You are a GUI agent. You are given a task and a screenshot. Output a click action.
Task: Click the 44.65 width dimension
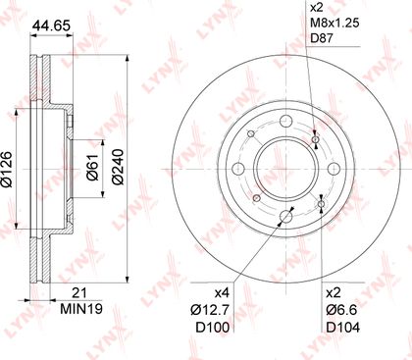point(51,26)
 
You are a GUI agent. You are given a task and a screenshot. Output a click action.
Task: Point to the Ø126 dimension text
point(7,169)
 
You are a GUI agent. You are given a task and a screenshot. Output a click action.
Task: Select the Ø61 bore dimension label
point(92,167)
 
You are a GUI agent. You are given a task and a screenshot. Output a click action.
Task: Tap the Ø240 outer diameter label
point(118,167)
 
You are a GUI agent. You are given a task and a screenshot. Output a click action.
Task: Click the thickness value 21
point(79,293)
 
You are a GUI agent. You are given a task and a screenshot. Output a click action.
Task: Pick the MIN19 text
point(81,308)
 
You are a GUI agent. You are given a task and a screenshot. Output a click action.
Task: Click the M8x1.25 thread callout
point(335,23)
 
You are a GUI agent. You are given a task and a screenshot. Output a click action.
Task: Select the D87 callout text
point(322,38)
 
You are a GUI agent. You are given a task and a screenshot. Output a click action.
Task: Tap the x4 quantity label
point(222,293)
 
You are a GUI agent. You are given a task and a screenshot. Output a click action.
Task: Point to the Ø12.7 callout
point(210,310)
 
